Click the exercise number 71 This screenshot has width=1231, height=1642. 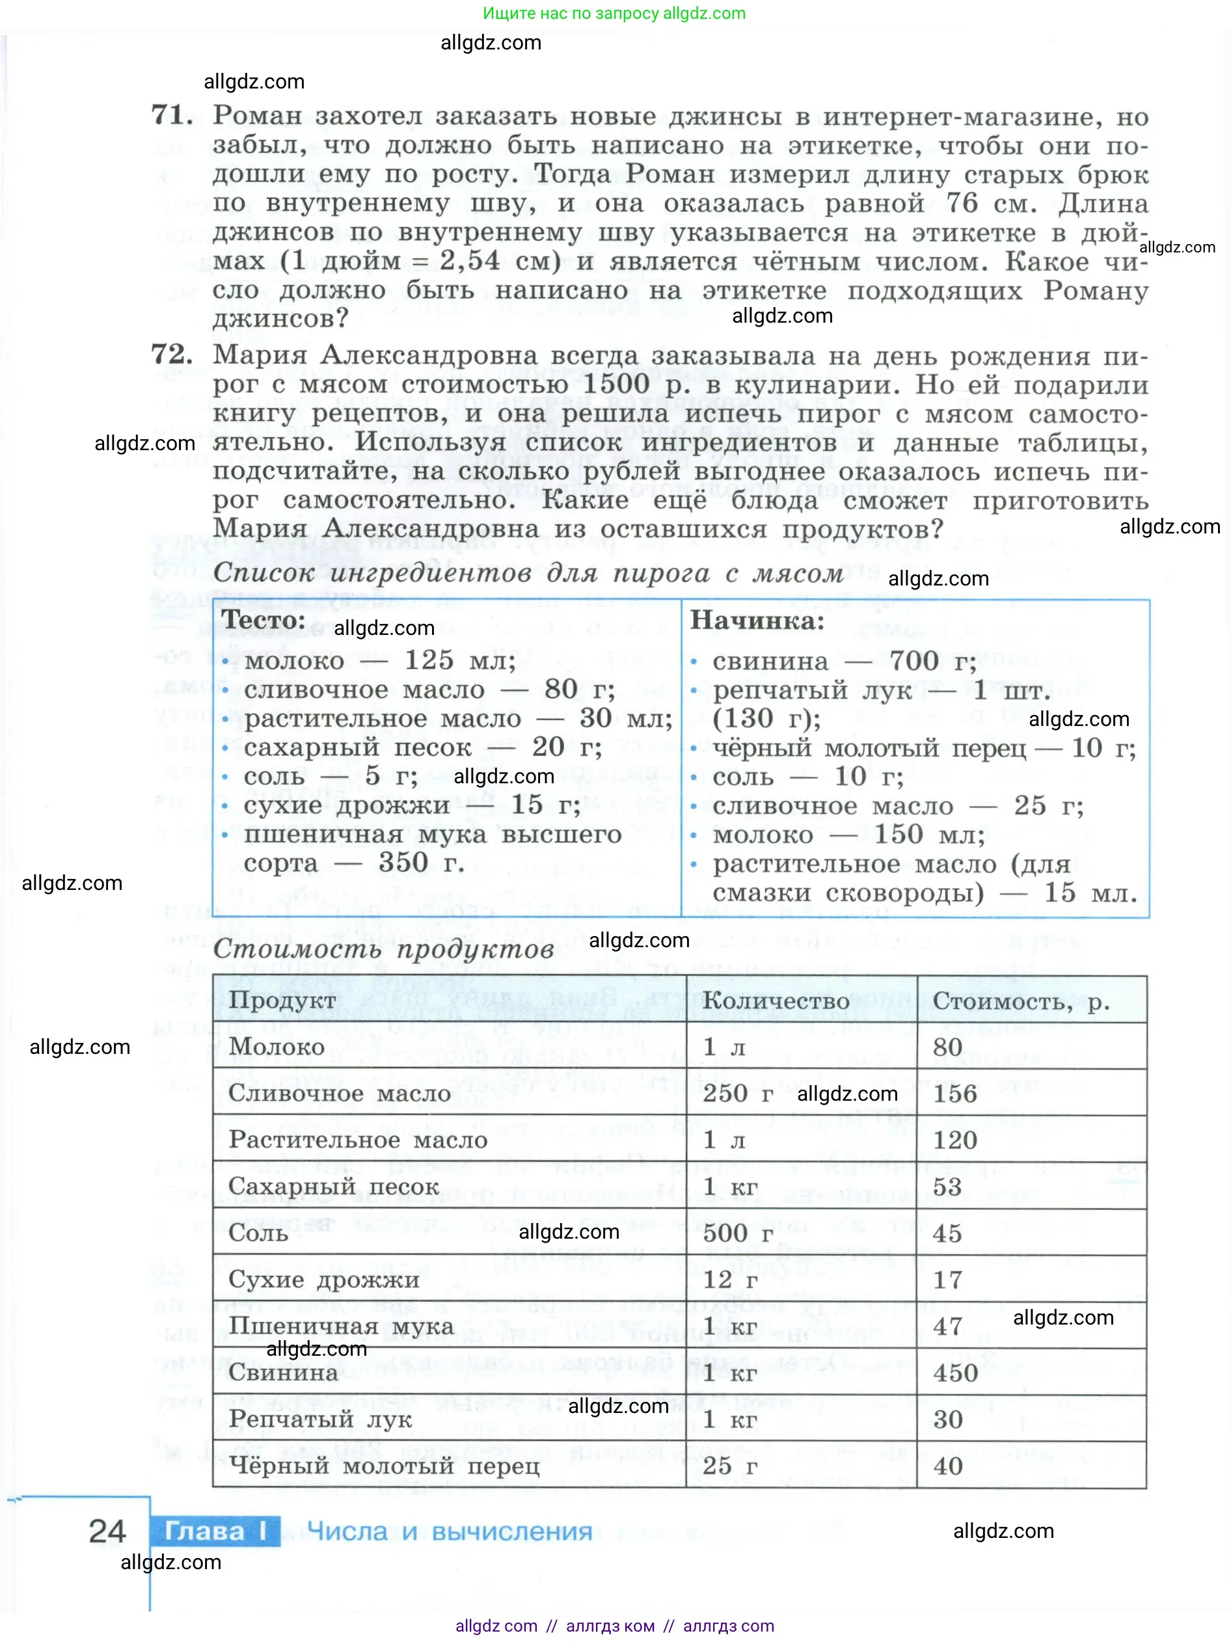[172, 115]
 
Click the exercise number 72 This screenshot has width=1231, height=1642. [172, 354]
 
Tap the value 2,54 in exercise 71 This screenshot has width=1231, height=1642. [469, 261]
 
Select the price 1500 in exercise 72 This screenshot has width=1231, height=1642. [616, 384]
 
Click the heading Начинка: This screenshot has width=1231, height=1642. [757, 621]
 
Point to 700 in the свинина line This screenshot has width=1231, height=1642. [914, 660]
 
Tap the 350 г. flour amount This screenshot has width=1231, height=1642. [421, 863]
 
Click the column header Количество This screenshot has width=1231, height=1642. [776, 1001]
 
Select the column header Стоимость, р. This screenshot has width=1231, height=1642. [1021, 1001]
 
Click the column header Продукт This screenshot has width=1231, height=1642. [282, 1001]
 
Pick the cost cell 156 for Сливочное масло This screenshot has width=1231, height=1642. [954, 1094]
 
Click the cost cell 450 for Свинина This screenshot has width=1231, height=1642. [954, 1373]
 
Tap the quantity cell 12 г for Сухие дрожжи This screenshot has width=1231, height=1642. [730, 1280]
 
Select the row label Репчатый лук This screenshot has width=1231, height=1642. [320, 1419]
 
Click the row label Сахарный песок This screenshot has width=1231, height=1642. [333, 1186]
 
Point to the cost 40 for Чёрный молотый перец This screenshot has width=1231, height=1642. [947, 1465]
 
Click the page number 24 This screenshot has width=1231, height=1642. [107, 1531]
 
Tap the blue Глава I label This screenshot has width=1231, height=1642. [215, 1531]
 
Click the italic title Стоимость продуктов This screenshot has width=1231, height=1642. [383, 949]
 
